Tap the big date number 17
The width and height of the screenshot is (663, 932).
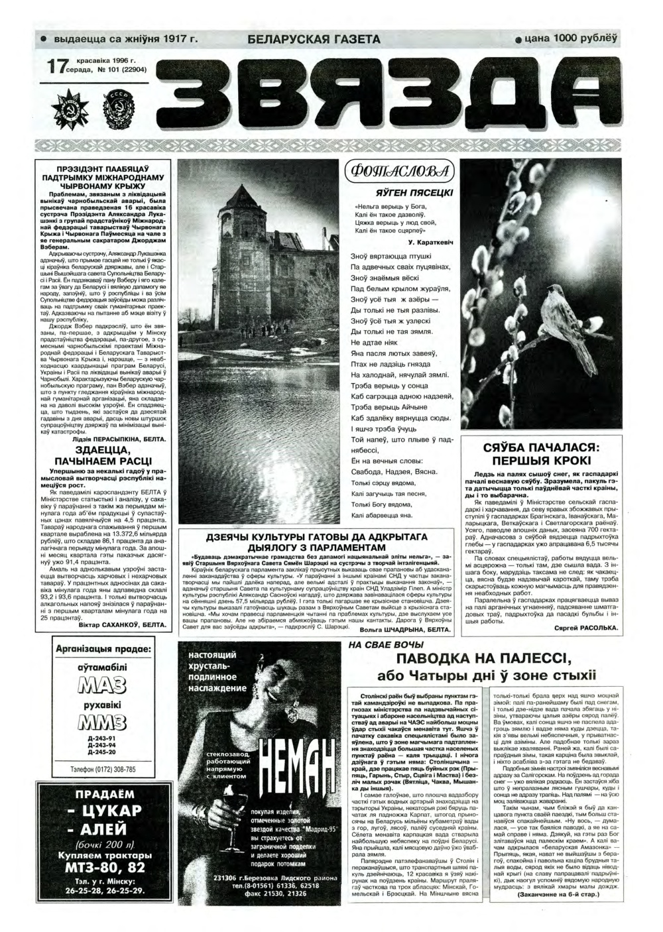click(x=58, y=67)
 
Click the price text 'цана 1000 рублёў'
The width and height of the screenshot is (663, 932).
click(x=570, y=38)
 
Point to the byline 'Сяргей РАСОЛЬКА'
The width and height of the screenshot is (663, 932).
click(x=584, y=627)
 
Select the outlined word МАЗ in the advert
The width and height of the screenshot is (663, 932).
click(x=102, y=685)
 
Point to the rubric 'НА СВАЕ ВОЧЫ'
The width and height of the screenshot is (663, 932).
click(x=386, y=644)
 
